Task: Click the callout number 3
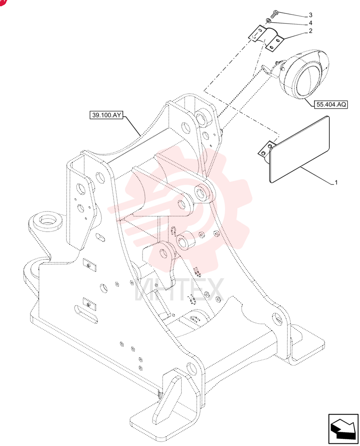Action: tap(310, 15)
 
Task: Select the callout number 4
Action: tap(310, 23)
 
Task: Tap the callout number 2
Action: tap(310, 31)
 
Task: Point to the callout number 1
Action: tap(336, 182)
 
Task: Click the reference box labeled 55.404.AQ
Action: tap(331, 104)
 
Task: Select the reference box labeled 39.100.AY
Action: tap(106, 115)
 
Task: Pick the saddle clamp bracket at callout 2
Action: tap(266, 38)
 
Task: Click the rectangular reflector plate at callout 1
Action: tap(299, 149)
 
